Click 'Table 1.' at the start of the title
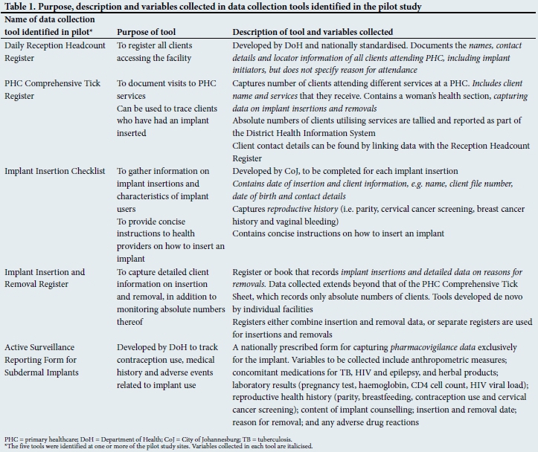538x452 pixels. (21, 7)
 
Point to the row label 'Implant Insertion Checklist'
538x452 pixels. (54, 171)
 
